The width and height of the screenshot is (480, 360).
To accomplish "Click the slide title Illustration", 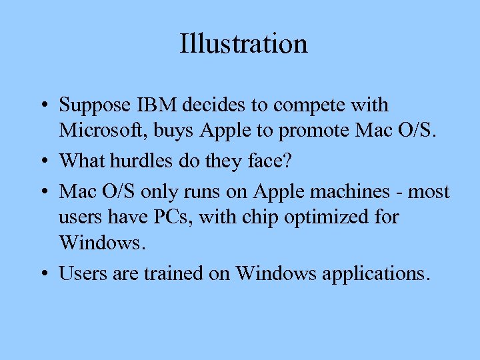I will point(243,44).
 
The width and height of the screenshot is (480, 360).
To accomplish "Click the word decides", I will point(216,105).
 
